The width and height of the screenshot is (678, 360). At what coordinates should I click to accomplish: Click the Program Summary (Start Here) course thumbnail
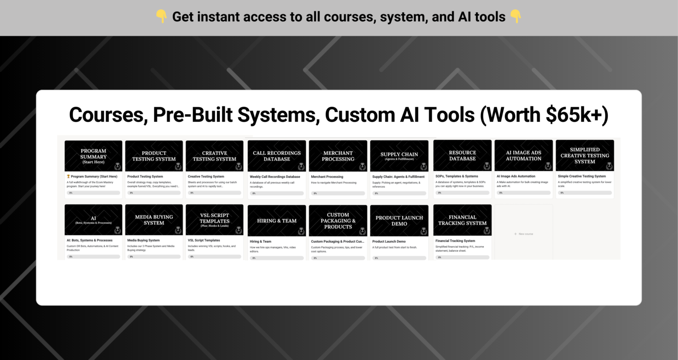point(93,156)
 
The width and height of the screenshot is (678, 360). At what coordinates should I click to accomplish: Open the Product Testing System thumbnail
point(154,156)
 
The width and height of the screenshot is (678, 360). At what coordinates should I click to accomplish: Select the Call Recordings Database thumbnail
point(276,156)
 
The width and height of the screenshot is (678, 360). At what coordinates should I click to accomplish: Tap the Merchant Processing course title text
point(327,177)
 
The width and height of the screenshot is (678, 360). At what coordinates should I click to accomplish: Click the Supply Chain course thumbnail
point(399,156)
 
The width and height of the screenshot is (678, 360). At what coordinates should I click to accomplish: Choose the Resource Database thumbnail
point(462,155)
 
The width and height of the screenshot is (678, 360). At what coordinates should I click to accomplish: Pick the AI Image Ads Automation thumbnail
point(524,155)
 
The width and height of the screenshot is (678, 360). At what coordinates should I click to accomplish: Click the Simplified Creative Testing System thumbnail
point(585,155)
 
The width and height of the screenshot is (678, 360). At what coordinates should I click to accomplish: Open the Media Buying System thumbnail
point(154,220)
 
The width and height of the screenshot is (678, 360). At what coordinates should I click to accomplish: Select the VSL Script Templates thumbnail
point(215,220)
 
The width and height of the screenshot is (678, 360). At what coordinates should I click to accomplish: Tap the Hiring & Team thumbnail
point(276,220)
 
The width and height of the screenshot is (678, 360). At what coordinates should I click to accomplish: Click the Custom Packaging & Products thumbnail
point(338,220)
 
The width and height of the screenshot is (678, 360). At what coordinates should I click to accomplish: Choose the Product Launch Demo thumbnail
point(399,220)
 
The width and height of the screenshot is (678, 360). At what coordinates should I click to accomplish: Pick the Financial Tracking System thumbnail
point(462,220)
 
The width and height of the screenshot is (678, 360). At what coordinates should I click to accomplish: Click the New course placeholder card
point(524,233)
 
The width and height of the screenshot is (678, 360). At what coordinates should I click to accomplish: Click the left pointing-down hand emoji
point(161,17)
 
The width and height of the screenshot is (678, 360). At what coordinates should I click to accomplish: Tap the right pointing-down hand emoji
point(516,17)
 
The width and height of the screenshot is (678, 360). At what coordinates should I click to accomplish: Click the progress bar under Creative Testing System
point(215,192)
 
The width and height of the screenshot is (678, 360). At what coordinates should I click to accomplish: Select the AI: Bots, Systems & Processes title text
point(89,240)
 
